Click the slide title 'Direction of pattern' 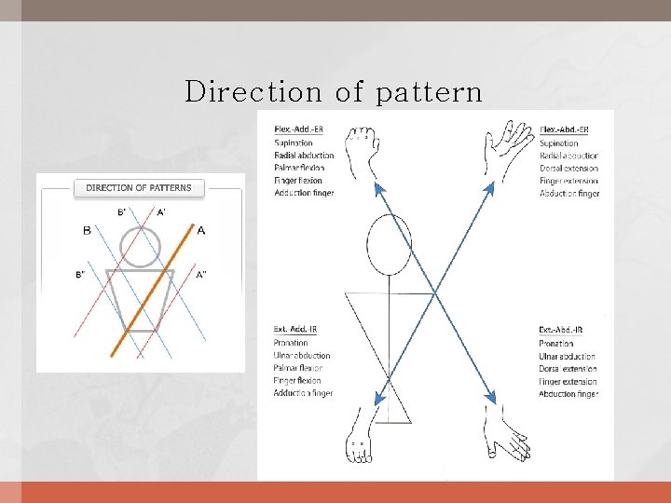[x=334, y=92]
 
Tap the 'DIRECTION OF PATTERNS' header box [x=138, y=187]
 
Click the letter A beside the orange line [x=201, y=230]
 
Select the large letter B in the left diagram [x=87, y=230]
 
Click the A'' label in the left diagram [x=200, y=274]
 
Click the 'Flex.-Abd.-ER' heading [x=563, y=129]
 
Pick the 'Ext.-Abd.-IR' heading [x=561, y=331]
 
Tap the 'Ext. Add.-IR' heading [x=296, y=330]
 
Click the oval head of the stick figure [x=389, y=244]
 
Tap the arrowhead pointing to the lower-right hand [x=490, y=397]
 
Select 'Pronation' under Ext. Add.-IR [x=291, y=344]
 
